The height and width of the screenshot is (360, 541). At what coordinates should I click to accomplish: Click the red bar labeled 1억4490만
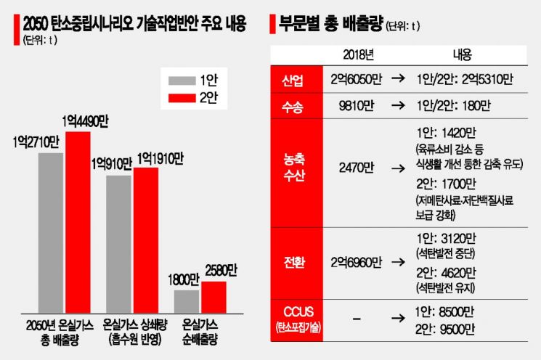click(x=78, y=221)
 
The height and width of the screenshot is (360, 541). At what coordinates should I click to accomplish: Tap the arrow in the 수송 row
click(x=399, y=106)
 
